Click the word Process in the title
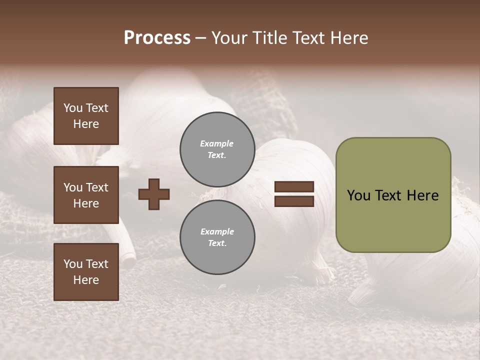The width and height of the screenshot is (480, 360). click(157, 38)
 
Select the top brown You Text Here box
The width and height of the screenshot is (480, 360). click(86, 116)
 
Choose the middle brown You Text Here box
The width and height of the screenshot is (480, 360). click(86, 195)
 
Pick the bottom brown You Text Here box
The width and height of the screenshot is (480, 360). click(86, 272)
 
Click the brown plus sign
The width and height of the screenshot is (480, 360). click(154, 194)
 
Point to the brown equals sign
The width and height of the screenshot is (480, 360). click(294, 194)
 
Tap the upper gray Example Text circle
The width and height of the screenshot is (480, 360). click(217, 149)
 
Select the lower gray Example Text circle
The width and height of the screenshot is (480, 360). click(217, 237)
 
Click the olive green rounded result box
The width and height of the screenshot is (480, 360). click(393, 195)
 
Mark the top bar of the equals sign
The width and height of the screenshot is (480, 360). click(294, 187)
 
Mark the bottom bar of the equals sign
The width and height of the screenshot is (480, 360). click(294, 201)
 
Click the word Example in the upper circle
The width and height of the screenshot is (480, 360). click(217, 143)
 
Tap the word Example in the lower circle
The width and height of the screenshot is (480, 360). click(217, 231)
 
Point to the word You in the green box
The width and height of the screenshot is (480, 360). click(358, 195)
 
